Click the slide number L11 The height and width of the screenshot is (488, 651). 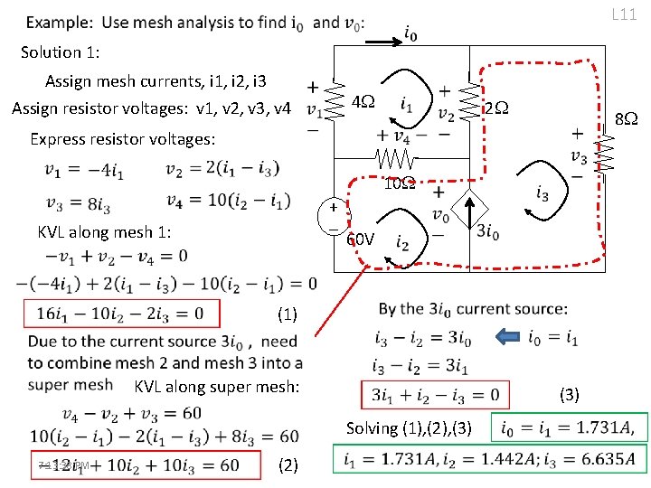624,14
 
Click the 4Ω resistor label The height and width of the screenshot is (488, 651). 363,100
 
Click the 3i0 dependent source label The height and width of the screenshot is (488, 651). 489,230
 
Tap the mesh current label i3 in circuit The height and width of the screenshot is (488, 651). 542,192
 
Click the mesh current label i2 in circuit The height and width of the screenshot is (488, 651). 402,244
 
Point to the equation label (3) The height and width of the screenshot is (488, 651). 569,394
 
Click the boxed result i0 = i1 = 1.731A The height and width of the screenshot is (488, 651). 568,428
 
